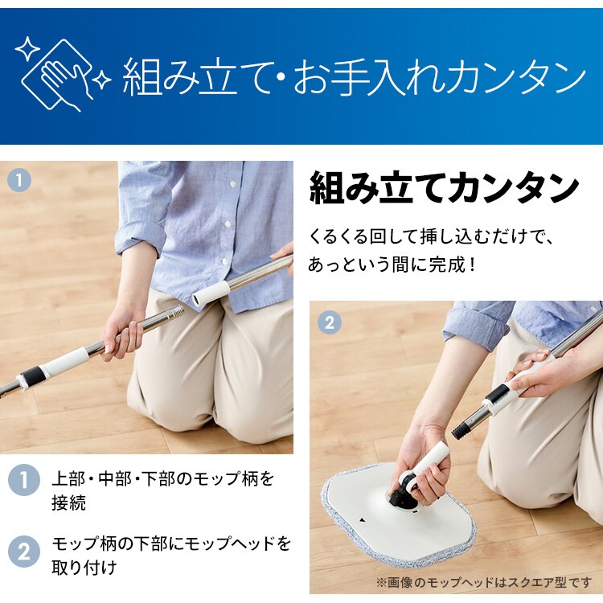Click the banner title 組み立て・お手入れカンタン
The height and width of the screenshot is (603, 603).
(354, 79)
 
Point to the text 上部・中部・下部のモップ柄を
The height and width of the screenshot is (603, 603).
(163, 480)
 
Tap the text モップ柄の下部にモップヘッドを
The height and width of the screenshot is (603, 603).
(170, 543)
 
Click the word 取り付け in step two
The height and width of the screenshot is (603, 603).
(84, 568)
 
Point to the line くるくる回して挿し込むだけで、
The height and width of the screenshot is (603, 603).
(433, 238)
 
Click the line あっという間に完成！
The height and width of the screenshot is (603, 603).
(393, 264)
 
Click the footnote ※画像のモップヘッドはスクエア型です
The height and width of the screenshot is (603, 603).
(482, 581)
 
